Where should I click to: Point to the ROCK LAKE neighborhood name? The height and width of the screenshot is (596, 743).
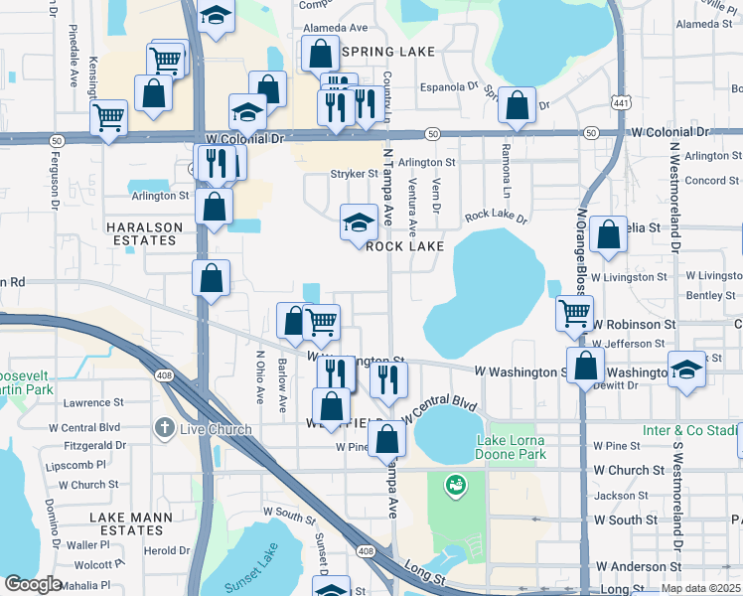(404, 246)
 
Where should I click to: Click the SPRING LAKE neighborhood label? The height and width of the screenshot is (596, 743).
(381, 51)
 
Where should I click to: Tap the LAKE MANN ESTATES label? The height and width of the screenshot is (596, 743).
(131, 523)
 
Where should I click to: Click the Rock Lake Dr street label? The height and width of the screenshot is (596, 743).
(496, 215)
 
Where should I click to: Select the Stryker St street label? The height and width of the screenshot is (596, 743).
(354, 174)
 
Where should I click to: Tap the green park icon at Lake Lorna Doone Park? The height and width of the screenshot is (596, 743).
(456, 486)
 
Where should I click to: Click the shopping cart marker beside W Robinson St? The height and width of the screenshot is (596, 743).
(574, 314)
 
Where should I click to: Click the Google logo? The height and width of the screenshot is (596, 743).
(32, 584)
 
